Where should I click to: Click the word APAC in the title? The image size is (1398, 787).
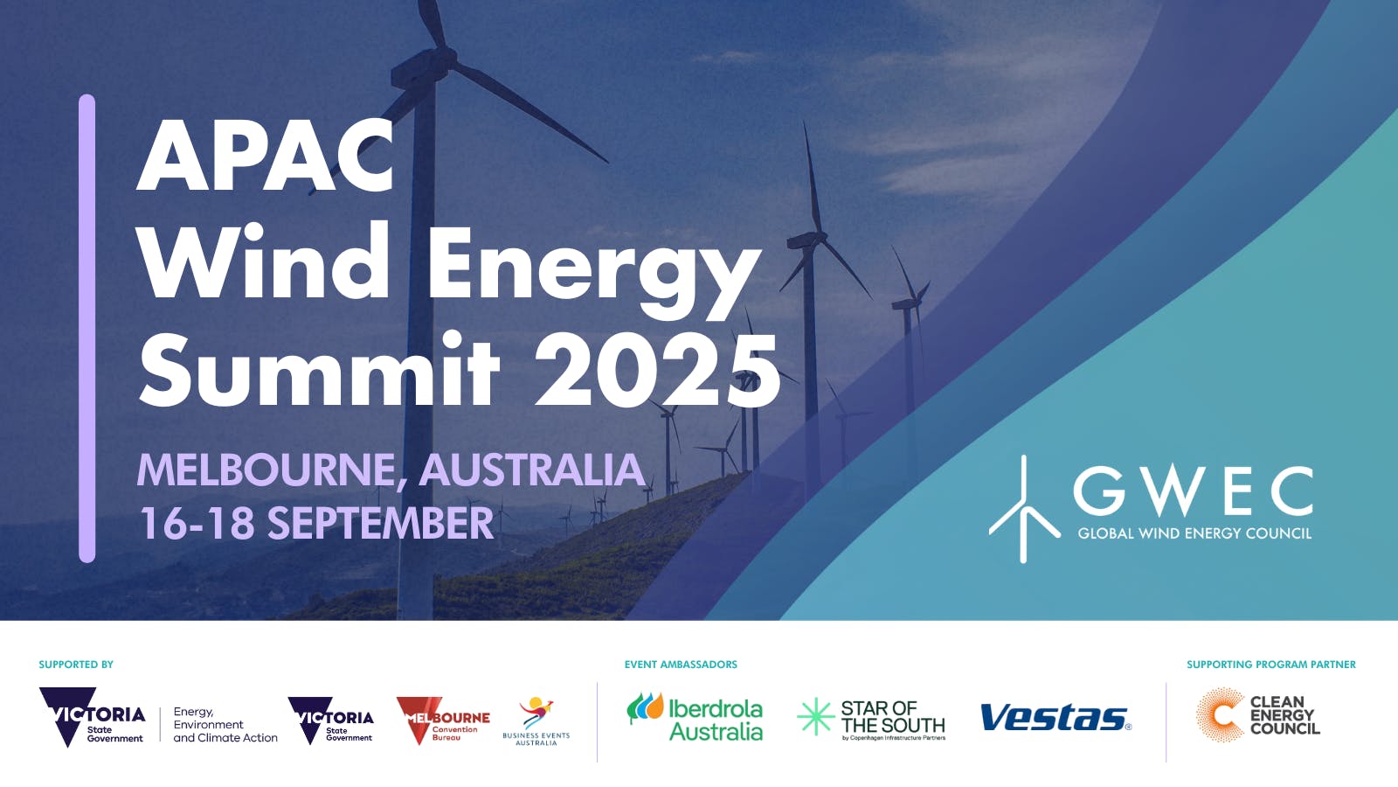point(266,157)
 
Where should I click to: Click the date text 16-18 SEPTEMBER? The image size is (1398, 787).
point(316,523)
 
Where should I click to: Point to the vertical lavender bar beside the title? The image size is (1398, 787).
point(87,328)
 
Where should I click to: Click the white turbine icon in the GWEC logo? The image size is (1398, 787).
point(1023,510)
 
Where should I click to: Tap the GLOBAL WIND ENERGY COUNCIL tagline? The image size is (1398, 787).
point(1194,533)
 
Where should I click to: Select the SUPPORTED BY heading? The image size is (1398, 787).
point(76,665)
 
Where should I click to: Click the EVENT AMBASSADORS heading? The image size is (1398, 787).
point(681,665)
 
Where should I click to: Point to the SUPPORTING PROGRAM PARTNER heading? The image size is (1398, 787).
point(1270,665)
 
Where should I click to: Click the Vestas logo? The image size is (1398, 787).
point(1055,718)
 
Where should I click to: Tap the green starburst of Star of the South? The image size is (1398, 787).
point(815,717)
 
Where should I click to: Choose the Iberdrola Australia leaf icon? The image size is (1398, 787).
point(645,707)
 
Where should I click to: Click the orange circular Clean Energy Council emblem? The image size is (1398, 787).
point(1220,715)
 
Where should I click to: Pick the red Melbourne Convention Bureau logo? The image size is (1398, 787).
point(443,720)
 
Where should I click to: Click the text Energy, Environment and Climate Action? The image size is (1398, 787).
point(225,725)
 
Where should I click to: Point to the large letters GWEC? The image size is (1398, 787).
point(1193,491)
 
